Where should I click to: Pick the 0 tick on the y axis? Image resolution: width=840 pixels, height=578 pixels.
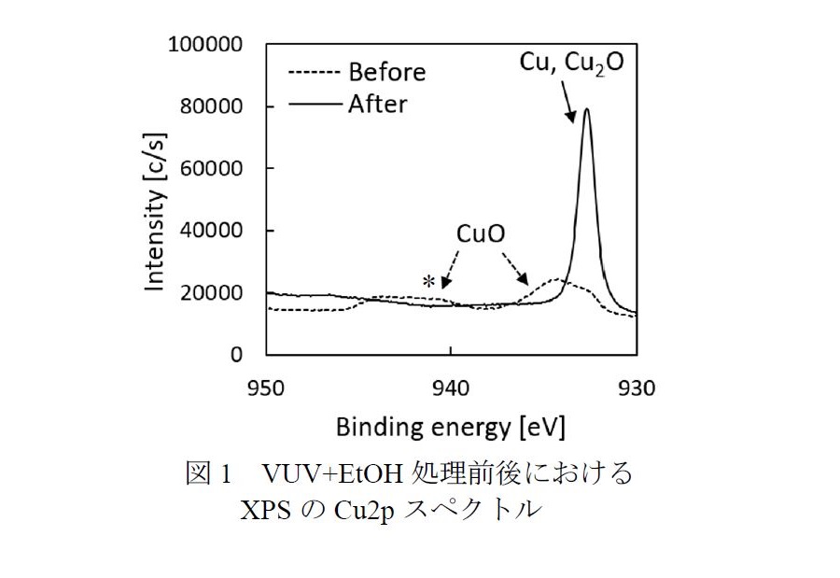click(237, 355)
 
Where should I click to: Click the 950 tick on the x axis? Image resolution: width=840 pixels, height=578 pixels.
click(266, 386)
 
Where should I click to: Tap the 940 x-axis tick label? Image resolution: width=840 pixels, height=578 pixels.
click(451, 386)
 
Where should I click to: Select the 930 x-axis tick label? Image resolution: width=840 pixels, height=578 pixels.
click(637, 386)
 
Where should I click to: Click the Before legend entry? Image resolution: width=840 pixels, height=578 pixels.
click(385, 72)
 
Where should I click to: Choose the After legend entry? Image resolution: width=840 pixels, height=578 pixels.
click(377, 103)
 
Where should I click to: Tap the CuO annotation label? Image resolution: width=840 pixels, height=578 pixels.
click(481, 233)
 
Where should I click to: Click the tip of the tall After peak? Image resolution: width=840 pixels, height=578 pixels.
click(587, 109)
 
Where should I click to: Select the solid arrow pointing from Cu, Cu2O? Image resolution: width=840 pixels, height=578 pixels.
click(566, 102)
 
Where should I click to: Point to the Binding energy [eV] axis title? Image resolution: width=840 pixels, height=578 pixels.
click(450, 428)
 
